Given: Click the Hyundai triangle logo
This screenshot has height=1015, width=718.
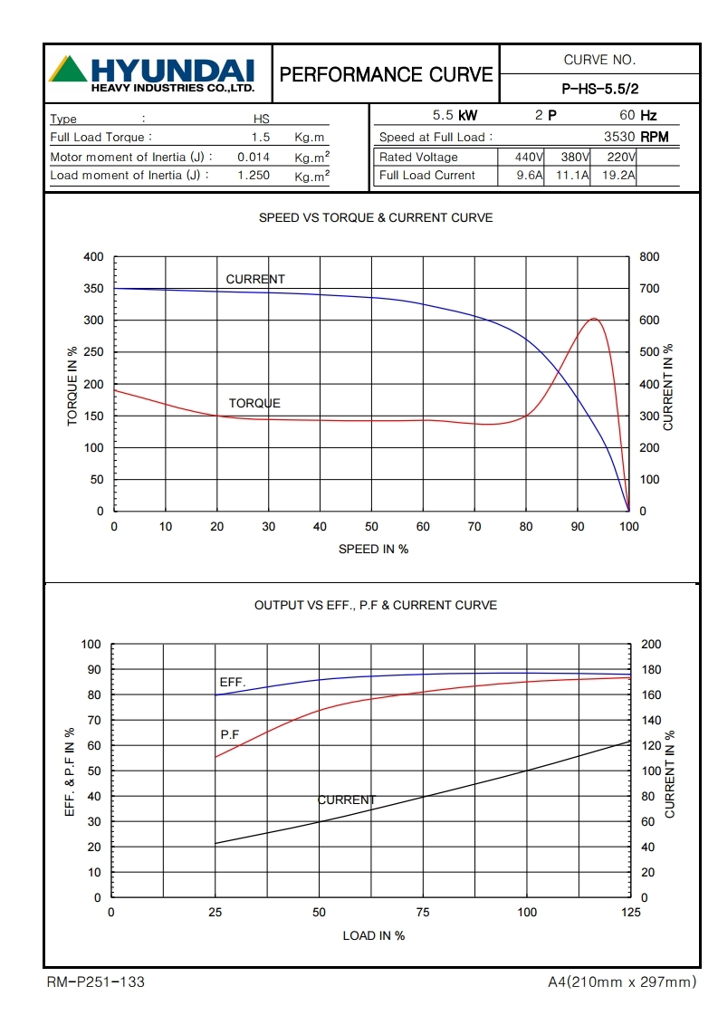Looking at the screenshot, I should pos(68,70).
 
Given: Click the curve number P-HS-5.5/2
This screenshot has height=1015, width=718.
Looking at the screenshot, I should pos(600,89).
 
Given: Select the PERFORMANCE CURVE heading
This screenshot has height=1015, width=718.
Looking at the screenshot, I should pos(387,74).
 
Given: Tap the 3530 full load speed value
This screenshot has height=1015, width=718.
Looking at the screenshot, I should pos(619,137).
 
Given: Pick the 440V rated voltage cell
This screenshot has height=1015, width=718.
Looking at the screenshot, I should pos(522,157).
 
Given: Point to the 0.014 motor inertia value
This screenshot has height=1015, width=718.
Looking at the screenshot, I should pos(254,157).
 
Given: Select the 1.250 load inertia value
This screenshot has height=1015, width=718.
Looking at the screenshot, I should pos(254,176).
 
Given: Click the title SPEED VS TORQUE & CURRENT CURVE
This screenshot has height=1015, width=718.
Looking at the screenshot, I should pos(376,217).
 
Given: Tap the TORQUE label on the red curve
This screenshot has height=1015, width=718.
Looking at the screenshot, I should pos(254,403).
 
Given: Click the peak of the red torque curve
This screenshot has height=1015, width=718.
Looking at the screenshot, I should pos(593,319).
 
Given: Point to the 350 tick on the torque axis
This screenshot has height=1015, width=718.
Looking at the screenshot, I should pos(93,289).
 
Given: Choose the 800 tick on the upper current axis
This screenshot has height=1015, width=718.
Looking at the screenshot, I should pos(649,257).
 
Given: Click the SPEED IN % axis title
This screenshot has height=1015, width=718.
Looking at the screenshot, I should pos(373,549).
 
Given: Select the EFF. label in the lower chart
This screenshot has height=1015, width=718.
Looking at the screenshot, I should pos(232,682).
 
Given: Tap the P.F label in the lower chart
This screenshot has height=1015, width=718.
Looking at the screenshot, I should pos(230,734).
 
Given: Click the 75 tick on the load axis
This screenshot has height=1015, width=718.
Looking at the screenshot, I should pos(423,913).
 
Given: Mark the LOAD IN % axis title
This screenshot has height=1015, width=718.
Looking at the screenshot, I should pos(373,935).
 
